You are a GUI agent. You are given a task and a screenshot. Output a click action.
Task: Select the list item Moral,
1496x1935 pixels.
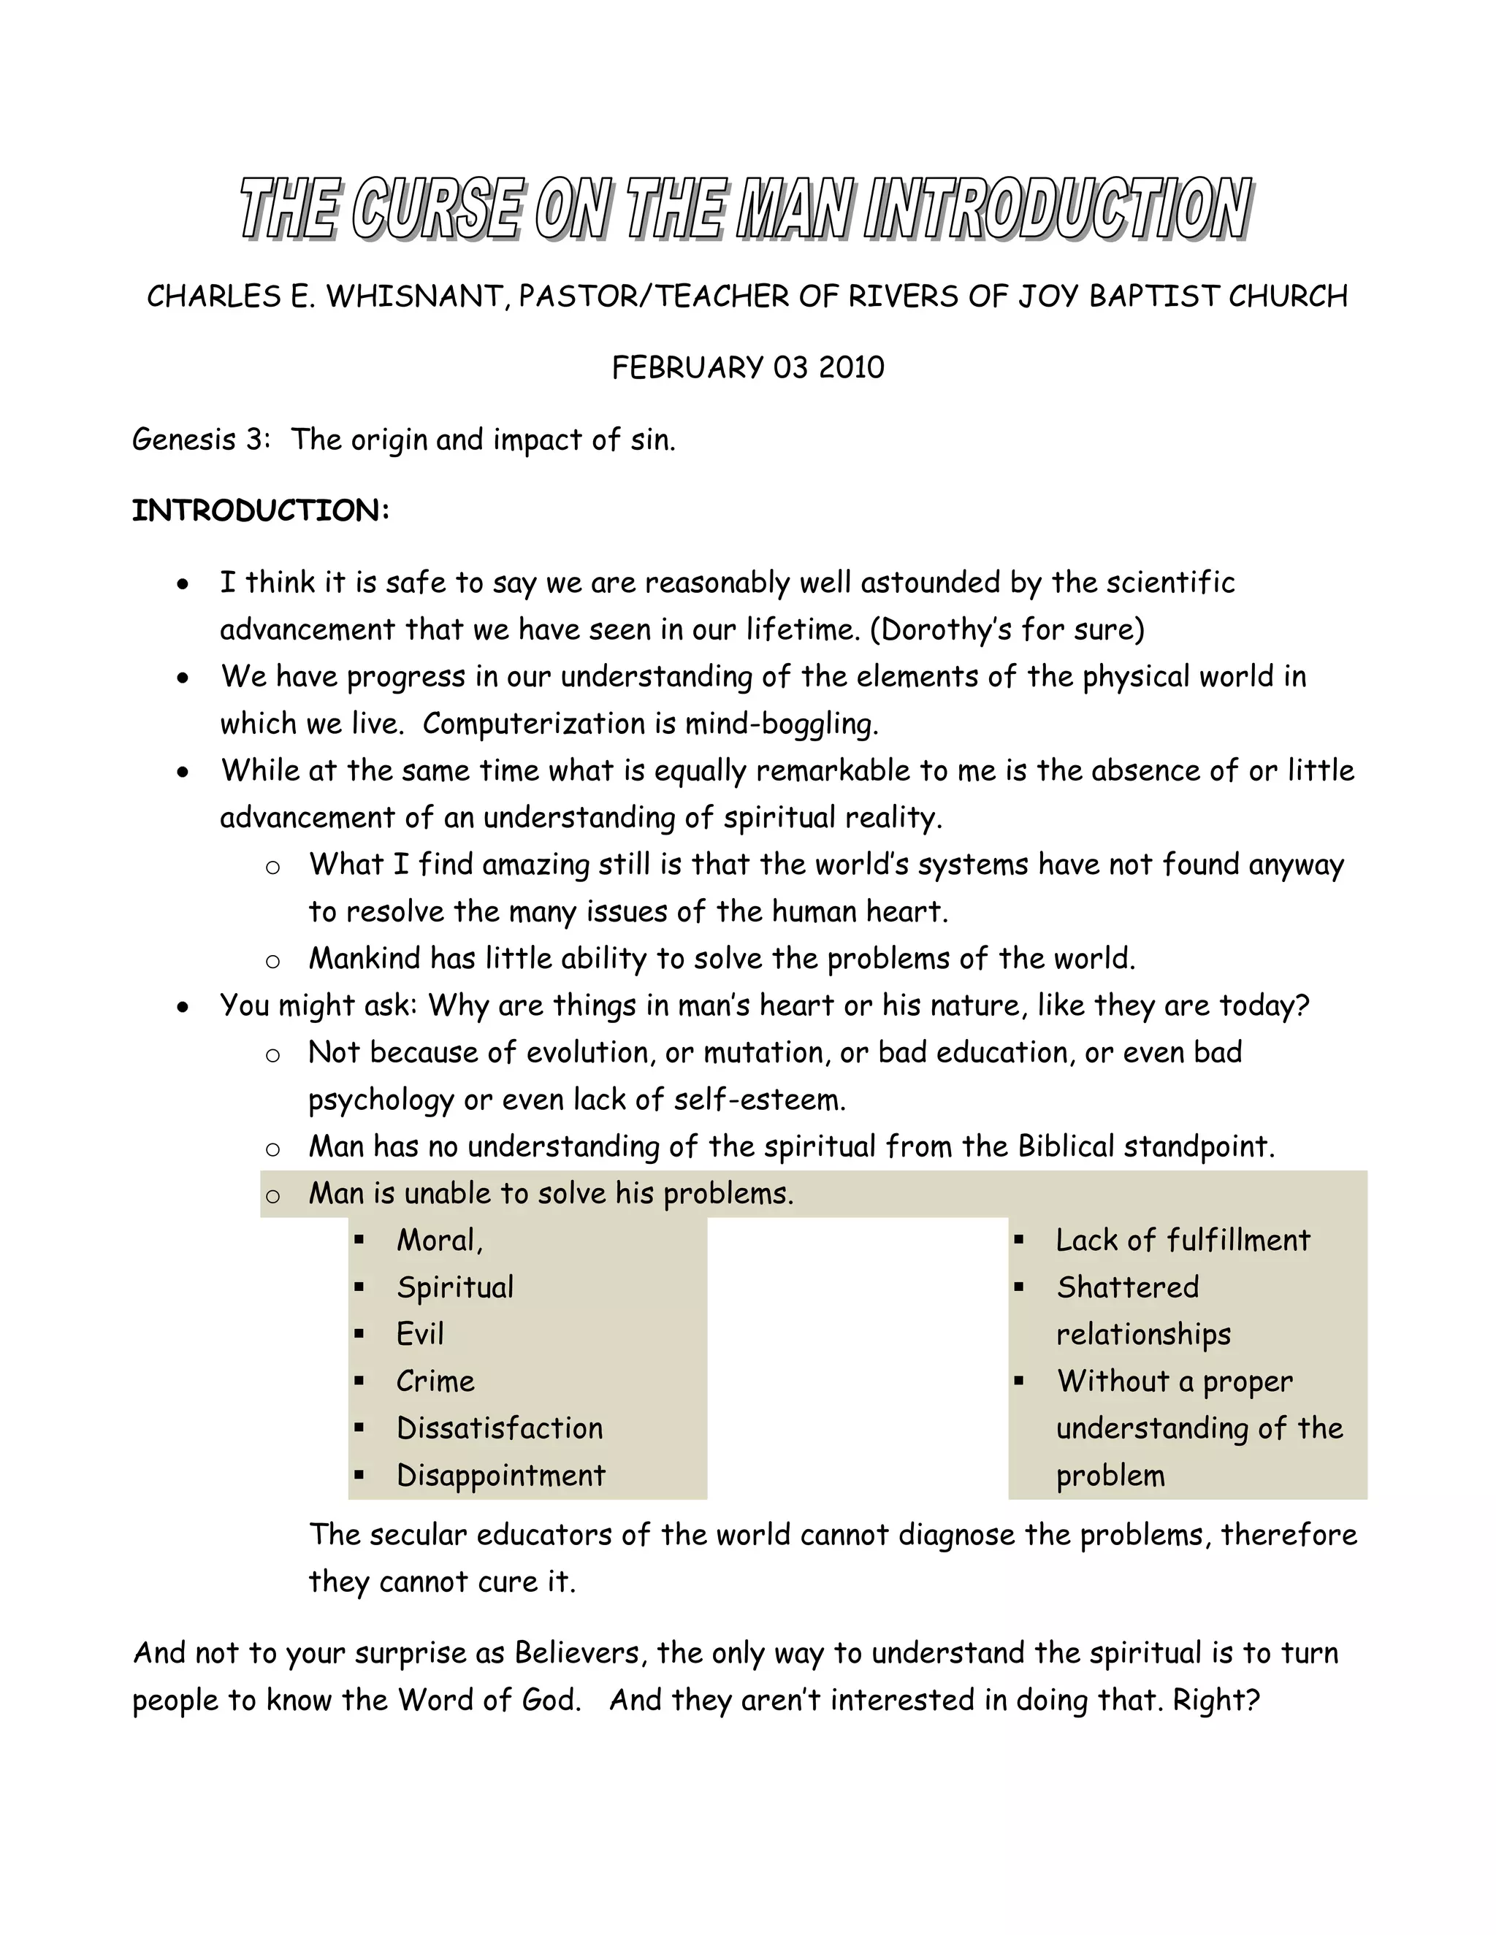pos(440,1241)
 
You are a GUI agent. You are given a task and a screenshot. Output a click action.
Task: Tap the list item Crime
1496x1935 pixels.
pos(435,1382)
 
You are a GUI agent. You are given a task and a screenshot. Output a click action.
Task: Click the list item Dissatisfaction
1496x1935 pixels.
pos(500,1428)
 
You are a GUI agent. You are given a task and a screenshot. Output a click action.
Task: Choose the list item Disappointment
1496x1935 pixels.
pos(500,1475)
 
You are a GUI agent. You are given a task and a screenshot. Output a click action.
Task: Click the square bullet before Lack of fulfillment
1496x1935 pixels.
pos(1019,1241)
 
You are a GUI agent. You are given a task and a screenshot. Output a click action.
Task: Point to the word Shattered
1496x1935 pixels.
pos(1127,1287)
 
